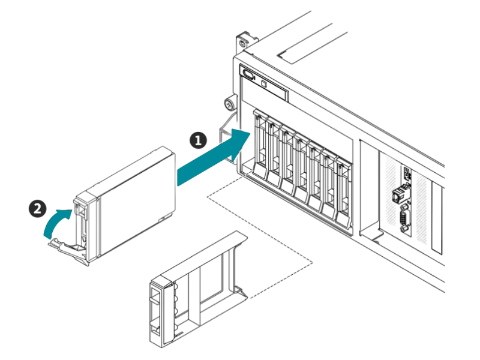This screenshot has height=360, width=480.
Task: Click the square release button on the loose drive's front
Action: (79, 211)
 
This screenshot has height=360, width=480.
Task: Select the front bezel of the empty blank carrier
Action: (157, 312)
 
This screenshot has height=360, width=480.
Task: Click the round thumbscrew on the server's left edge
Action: (228, 103)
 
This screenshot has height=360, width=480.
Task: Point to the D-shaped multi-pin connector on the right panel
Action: (403, 220)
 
